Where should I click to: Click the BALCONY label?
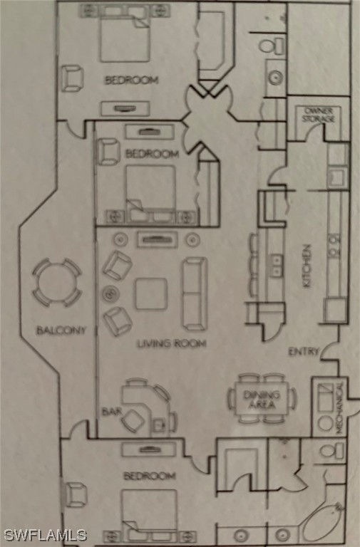61,330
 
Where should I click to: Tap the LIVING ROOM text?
171,343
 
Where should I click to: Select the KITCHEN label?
307,266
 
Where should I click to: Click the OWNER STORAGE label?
318,115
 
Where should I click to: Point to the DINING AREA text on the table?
262,400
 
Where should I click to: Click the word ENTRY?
304,352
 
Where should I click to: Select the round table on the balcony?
57,283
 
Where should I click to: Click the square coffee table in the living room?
151,293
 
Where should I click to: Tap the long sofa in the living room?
195,293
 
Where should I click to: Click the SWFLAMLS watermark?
45,535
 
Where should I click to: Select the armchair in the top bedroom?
73,78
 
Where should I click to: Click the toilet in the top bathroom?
273,46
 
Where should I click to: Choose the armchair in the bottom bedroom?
75,495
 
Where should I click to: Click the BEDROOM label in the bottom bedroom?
150,476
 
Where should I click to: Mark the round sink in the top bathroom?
275,77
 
